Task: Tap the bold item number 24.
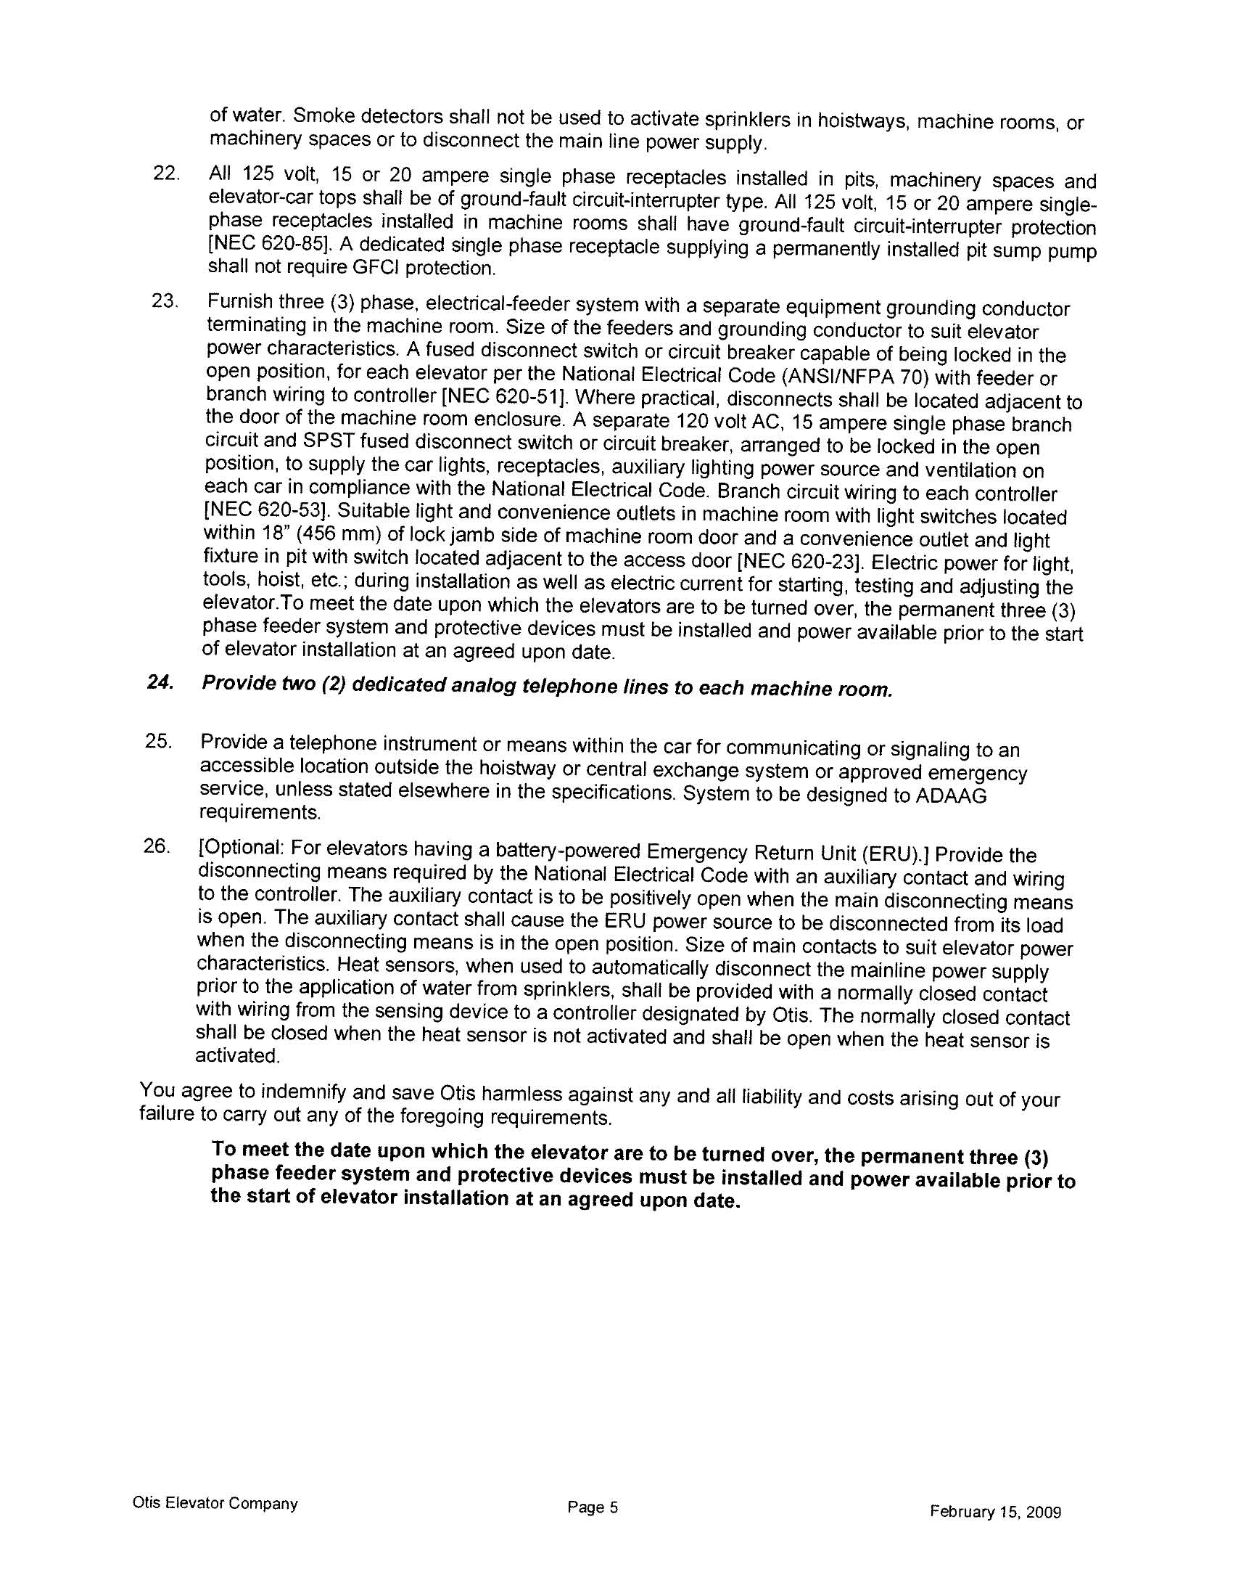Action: [x=160, y=682]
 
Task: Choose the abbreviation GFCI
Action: [x=376, y=268]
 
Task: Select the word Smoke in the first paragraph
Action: [x=323, y=115]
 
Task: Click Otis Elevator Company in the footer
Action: [x=215, y=1503]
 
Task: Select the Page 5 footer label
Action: [x=593, y=1507]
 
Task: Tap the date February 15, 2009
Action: [x=995, y=1511]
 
